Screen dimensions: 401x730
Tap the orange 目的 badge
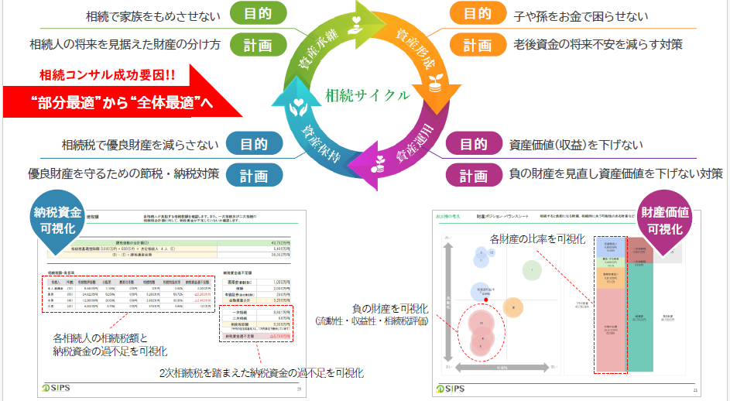click(478, 13)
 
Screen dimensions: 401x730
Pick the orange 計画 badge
click(478, 45)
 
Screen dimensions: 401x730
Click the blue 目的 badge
click(254, 144)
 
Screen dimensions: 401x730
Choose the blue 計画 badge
click(254, 174)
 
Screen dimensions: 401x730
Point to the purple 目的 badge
click(473, 144)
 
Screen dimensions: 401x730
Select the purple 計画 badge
click(473, 176)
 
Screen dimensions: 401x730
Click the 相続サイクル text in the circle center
click(367, 96)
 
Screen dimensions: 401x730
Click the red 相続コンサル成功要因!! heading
click(107, 76)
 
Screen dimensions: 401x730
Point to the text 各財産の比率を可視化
click(536, 239)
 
